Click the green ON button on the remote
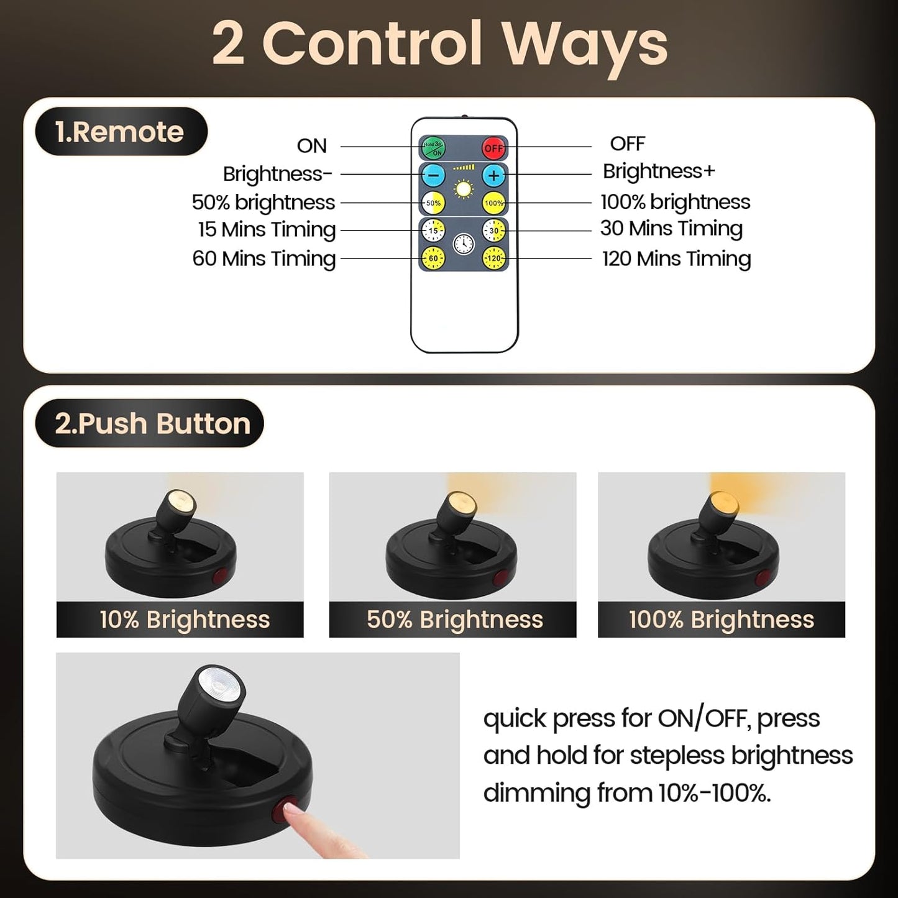tap(433, 148)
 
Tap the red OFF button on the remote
tap(494, 148)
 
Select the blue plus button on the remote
tap(494, 176)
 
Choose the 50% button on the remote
tap(433, 203)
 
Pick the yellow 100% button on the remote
tap(494, 203)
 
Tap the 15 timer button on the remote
tap(433, 231)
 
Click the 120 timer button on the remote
tap(494, 257)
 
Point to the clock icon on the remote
tap(464, 244)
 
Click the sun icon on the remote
tap(464, 189)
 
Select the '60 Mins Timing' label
tap(264, 258)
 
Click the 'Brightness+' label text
tap(659, 171)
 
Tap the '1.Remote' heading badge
tap(121, 132)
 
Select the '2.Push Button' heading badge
tap(150, 423)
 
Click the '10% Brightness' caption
tap(185, 620)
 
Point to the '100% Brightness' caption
tap(721, 620)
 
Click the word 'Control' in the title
tap(372, 45)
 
